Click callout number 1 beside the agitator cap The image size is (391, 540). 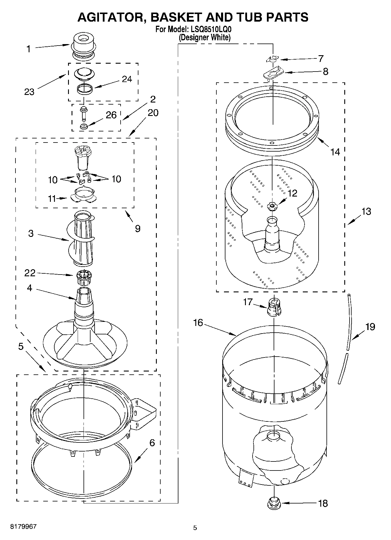coord(28,49)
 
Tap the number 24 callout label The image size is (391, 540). coord(127,79)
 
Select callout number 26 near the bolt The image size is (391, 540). coord(111,115)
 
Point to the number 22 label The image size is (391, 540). coord(29,273)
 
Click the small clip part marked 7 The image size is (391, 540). coord(272,59)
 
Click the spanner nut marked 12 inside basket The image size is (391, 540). coord(272,206)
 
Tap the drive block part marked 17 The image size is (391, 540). coord(274,307)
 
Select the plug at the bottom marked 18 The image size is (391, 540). coord(274,503)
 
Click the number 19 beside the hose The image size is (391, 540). coord(370,327)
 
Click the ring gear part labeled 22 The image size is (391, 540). coord(84,278)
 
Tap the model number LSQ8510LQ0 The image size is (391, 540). coord(209,29)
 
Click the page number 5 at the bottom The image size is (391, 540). coord(195,528)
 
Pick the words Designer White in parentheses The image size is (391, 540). coord(204,37)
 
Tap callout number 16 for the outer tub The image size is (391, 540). coord(198,323)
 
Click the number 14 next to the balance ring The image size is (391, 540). coord(335,152)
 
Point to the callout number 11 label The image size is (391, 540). coord(52,199)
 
